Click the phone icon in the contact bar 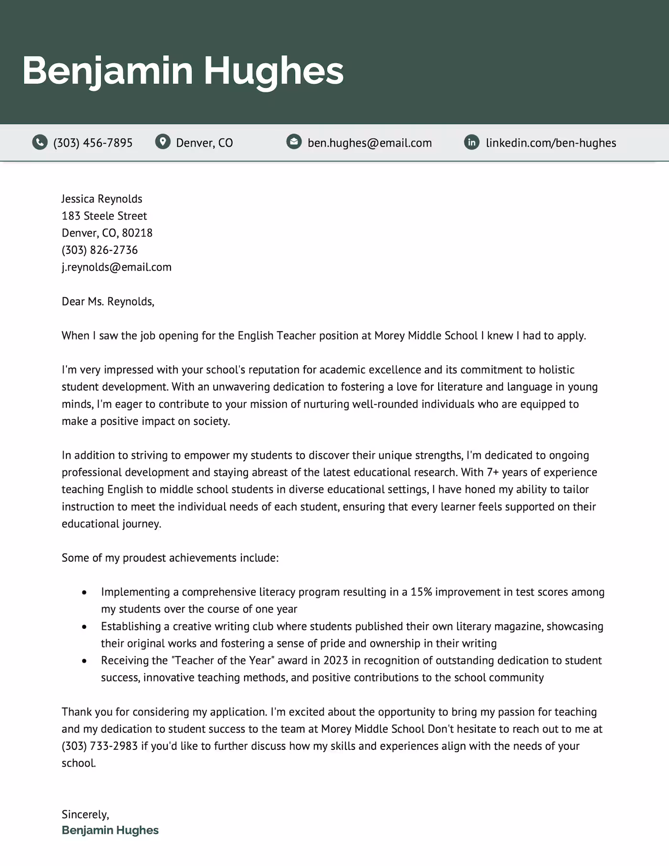click(40, 142)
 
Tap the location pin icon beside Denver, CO click(163, 142)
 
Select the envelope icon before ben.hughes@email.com click(294, 141)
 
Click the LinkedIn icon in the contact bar click(472, 142)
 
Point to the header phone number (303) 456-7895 click(93, 143)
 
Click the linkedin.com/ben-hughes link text click(550, 143)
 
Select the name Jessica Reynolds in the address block click(102, 199)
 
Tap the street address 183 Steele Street click(104, 216)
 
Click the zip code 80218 click(137, 233)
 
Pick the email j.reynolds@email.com click(116, 267)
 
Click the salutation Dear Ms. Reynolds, click(108, 302)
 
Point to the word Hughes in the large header click(273, 71)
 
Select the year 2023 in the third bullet click(335, 660)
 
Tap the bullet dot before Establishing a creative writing click(85, 627)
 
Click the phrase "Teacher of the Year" click(223, 660)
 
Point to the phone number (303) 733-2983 click(99, 746)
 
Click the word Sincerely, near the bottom click(85, 814)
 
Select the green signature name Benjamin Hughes click(110, 830)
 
